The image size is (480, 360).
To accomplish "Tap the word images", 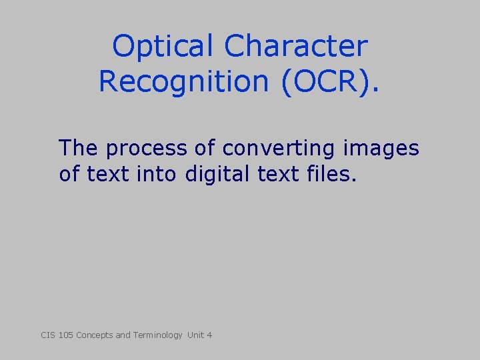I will pos(387,148).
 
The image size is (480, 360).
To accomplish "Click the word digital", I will pos(214,175).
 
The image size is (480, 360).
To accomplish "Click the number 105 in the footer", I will pos(65,335).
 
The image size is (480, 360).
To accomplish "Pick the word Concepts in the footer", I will pos(95,335).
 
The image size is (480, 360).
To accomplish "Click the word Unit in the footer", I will pos(196,335).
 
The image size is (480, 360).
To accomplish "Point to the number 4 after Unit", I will pos(209,335).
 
